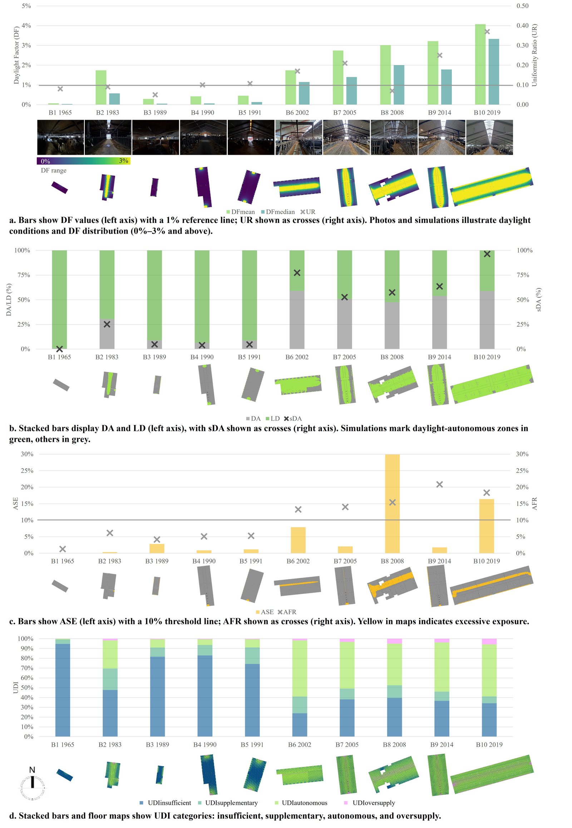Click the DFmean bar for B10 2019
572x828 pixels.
[x=480, y=64]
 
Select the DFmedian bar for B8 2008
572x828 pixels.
[x=399, y=85]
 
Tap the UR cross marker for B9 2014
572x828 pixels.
[x=440, y=55]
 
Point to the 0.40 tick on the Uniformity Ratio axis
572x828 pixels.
[x=522, y=26]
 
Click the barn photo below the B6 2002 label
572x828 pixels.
[x=299, y=138]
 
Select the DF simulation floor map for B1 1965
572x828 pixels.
[x=59, y=187]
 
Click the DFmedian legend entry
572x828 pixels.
[x=278, y=212]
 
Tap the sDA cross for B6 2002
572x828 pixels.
[x=297, y=273]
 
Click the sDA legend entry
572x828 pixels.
[x=293, y=418]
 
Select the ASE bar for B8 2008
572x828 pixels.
[x=392, y=504]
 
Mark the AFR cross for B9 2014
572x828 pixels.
[x=439, y=485]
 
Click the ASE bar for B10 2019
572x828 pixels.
[x=486, y=526]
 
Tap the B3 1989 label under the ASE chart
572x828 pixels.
[x=157, y=561]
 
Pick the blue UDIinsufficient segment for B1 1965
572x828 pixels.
[x=63, y=690]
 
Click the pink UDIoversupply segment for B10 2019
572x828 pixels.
[x=489, y=641]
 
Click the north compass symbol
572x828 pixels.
[x=32, y=783]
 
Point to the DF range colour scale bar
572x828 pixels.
[x=84, y=161]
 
